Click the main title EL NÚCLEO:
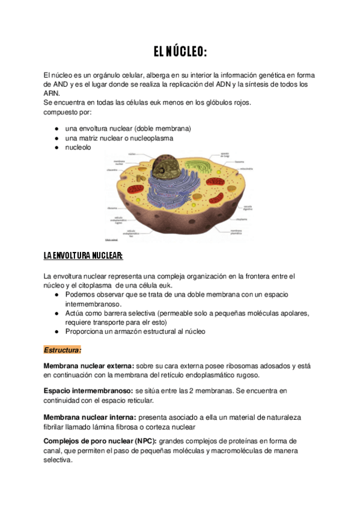tap(180, 52)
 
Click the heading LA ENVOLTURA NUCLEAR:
tap(83, 256)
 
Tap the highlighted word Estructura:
tap(63, 349)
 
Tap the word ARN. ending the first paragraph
tap(52, 93)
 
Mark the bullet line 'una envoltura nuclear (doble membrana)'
tap(127, 129)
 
